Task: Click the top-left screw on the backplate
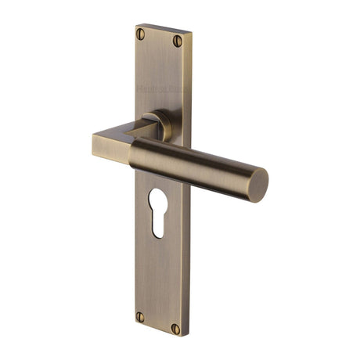pos(142,34)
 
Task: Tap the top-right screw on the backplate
pos(178,39)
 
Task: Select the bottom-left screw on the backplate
pos(140,316)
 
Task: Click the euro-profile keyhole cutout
pos(158,211)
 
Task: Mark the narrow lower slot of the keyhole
pos(158,223)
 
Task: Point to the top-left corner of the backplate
pos(135,24)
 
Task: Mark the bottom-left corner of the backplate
pos(133,324)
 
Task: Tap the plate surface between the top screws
pos(160,37)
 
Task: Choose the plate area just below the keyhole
pos(158,258)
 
